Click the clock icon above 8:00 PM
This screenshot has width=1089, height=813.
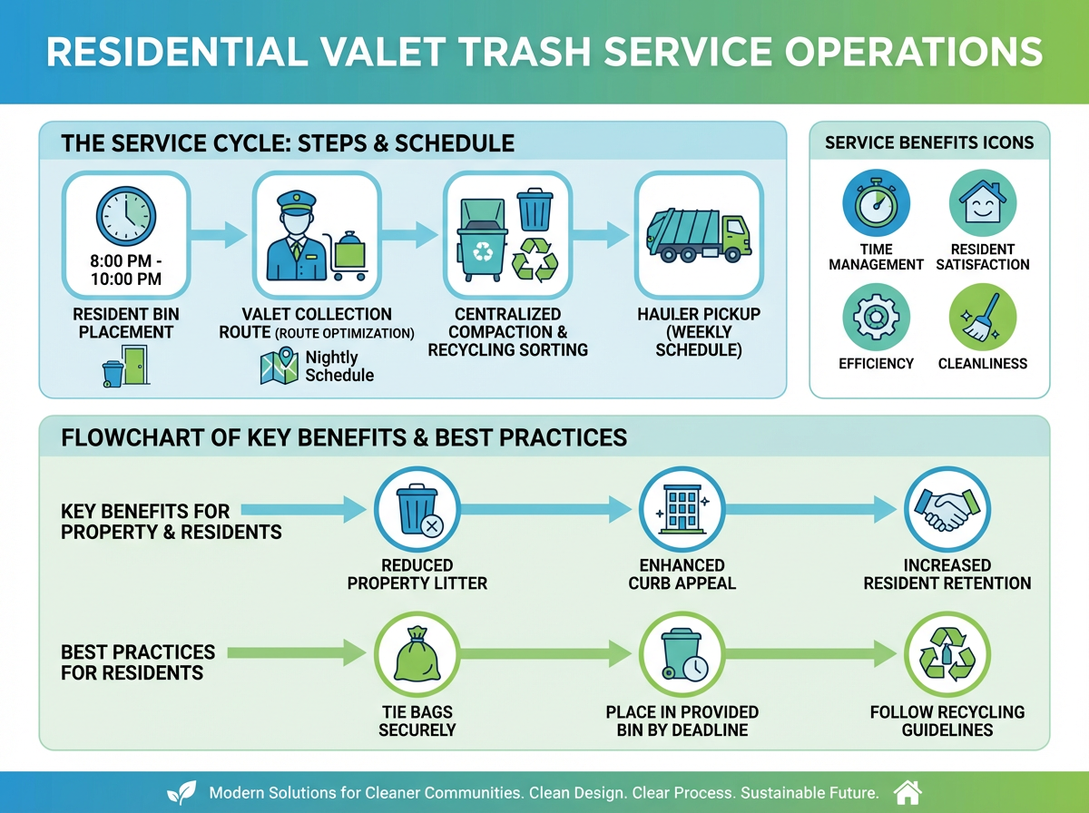point(125,216)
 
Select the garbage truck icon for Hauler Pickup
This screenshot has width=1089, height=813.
point(697,233)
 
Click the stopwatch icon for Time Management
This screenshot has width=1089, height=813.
point(876,204)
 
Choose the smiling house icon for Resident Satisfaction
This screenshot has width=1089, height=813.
point(983,204)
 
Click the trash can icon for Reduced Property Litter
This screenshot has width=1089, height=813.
point(417,510)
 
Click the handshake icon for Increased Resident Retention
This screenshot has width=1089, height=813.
point(947,510)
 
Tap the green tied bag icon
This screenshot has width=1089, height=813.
point(417,653)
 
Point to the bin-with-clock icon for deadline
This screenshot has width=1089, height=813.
point(682,653)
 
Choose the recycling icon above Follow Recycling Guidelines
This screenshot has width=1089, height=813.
point(947,653)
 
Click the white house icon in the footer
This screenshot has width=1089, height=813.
point(907,792)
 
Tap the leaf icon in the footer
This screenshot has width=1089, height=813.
point(186,792)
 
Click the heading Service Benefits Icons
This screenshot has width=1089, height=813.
point(928,142)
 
